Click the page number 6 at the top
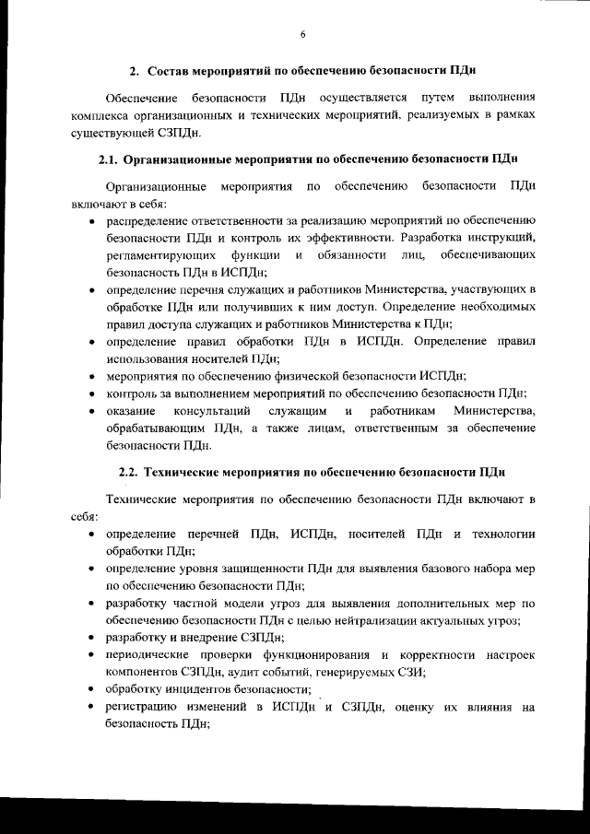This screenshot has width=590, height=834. [x=301, y=35]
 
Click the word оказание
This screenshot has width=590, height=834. [x=132, y=410]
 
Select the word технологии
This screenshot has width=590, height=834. [x=503, y=534]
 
